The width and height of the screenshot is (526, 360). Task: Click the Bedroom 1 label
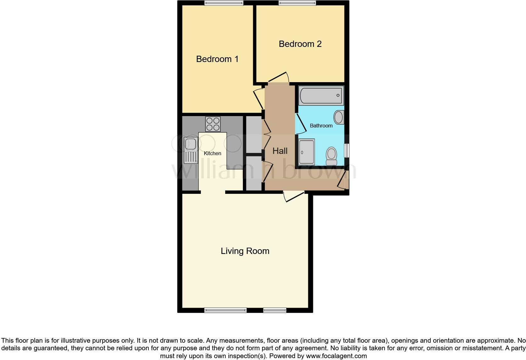(217, 59)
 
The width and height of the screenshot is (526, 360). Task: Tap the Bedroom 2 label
(300, 44)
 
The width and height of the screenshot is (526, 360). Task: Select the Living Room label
(245, 251)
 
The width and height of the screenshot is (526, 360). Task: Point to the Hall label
(280, 151)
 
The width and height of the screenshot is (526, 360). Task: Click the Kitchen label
(212, 153)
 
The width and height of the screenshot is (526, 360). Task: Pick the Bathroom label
(321, 126)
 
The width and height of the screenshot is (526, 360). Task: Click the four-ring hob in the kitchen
(213, 124)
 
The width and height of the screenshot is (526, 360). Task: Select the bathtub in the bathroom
(321, 95)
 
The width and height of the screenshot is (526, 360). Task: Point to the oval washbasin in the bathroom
(339, 117)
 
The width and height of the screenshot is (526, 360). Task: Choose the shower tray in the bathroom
(306, 152)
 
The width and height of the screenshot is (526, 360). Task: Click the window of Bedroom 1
(224, 3)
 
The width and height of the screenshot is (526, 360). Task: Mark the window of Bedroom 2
(297, 3)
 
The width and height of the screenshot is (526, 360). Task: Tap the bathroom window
(346, 150)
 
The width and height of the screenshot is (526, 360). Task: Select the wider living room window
(225, 310)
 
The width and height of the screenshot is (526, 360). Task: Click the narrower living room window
(275, 310)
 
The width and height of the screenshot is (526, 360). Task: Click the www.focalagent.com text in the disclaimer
(336, 356)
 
